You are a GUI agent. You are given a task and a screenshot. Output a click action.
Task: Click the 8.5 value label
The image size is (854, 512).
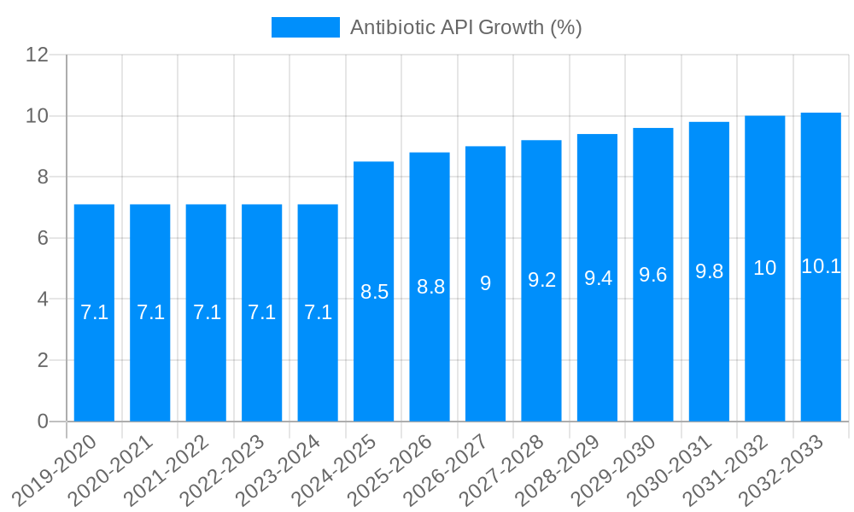374,292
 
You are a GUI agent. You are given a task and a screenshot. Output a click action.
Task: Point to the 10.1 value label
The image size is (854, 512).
821,266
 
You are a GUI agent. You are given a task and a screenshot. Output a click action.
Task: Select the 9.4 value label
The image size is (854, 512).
598,278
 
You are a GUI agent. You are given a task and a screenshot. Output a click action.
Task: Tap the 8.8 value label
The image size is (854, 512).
430,287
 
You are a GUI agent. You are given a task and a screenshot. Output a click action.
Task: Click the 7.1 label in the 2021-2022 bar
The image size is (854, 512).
207,312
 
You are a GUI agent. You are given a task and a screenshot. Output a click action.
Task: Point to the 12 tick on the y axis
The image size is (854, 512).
37,55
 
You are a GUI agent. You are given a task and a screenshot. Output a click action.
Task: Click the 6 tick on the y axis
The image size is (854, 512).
43,238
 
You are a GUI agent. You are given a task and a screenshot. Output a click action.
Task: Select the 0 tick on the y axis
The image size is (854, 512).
43,422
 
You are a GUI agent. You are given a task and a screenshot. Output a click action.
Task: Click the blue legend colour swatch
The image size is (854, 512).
305,27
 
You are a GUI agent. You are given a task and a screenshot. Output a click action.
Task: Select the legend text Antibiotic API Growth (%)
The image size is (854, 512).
465,27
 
